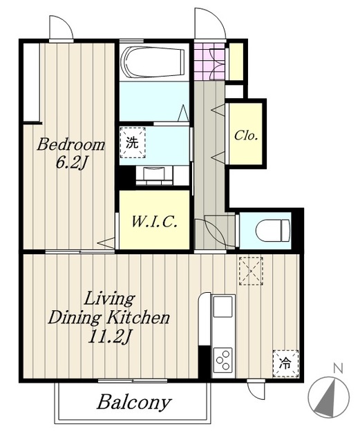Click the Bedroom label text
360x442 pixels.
tap(70, 144)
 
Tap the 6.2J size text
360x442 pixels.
tap(70, 162)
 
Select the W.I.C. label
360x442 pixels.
tap(154, 222)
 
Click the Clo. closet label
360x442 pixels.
tap(246, 135)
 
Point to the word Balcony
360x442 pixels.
tap(134, 402)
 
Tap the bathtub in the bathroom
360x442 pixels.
tap(153, 62)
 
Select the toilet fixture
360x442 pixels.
tap(273, 231)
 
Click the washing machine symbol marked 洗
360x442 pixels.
tap(133, 143)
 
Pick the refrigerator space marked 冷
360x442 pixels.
tap(285, 363)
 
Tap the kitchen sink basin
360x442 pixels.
tap(223, 306)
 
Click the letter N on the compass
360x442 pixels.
tap(338, 368)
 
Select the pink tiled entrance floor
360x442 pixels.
tap(209, 61)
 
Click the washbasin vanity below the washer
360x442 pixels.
tap(154, 175)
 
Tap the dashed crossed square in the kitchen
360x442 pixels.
tap(251, 271)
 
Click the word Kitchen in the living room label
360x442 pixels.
tap(138, 318)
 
